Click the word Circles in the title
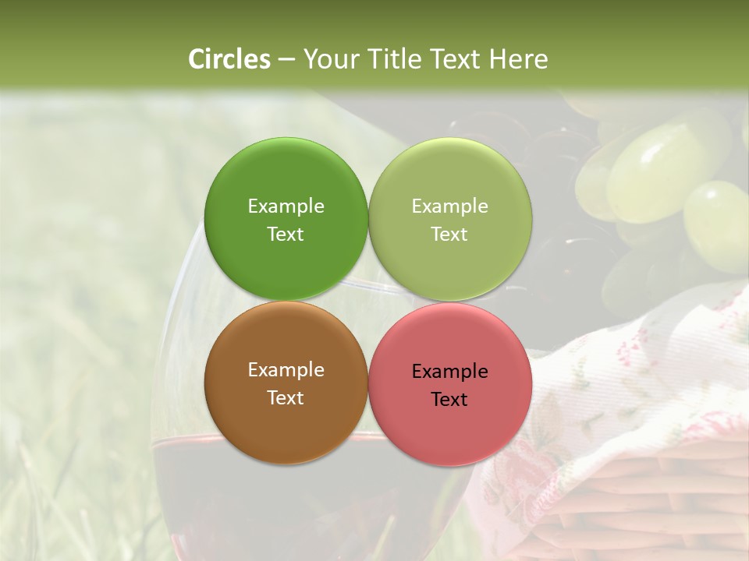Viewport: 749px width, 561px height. pos(229,59)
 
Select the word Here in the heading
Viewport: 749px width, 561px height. pos(518,59)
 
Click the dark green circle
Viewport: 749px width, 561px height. pos(286,179)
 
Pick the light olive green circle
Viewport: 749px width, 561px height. pos(450,179)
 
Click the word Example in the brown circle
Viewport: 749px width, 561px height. pos(286,369)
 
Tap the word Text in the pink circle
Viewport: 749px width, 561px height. pos(449,399)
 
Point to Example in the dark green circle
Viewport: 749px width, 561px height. pos(286,206)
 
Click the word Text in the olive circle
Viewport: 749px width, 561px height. pos(449,234)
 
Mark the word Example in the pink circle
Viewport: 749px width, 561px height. pos(449,371)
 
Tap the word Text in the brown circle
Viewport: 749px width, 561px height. pos(286,397)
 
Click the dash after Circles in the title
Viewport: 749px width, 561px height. pos(286,60)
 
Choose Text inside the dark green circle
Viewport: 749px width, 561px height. pos(286,234)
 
